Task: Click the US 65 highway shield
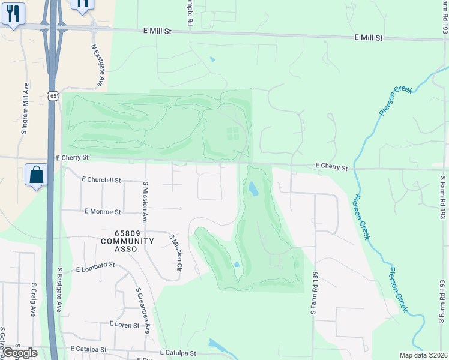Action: click(53, 96)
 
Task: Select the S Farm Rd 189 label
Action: click(313, 293)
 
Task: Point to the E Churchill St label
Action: click(101, 179)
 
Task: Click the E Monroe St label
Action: click(103, 212)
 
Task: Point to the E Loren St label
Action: click(124, 325)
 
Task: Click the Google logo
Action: click(20, 353)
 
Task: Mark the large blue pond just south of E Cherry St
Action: click(253, 189)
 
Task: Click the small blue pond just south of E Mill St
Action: click(212, 59)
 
